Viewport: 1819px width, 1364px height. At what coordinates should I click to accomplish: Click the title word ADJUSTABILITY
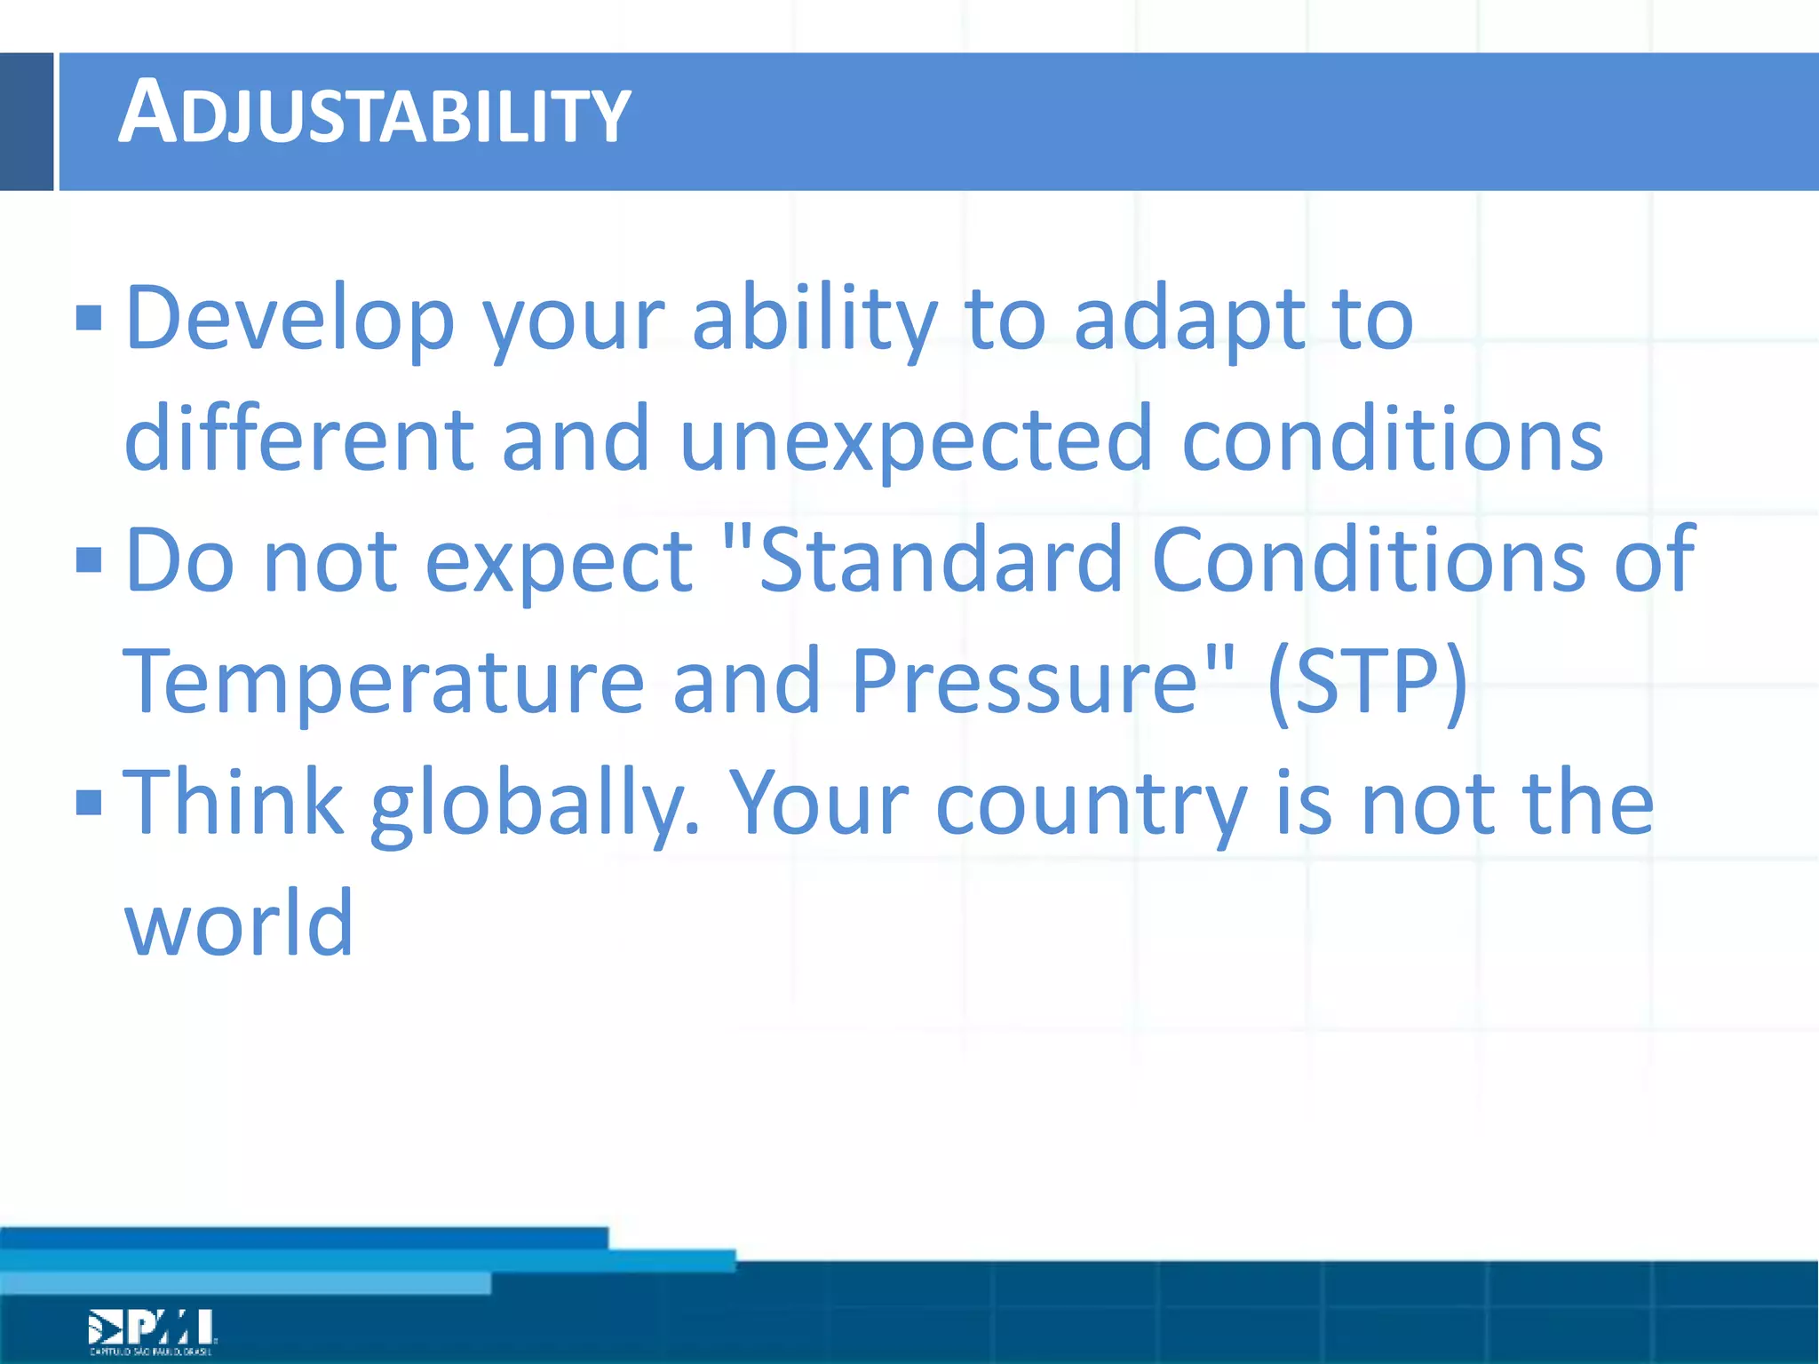coord(373,114)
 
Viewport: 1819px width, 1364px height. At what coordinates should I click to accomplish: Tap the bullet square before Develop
coord(89,318)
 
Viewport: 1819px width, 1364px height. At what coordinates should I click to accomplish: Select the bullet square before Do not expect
coord(89,560)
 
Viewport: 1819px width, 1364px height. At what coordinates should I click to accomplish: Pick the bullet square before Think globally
coord(89,803)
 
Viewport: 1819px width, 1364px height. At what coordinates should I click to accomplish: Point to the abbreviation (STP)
coord(1367,682)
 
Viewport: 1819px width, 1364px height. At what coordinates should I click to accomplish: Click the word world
coord(238,924)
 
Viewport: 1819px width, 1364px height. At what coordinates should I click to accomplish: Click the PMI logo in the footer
coord(151,1330)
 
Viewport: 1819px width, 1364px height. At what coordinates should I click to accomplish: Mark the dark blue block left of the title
coord(26,122)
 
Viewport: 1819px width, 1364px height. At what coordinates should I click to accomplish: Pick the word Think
coord(233,803)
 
